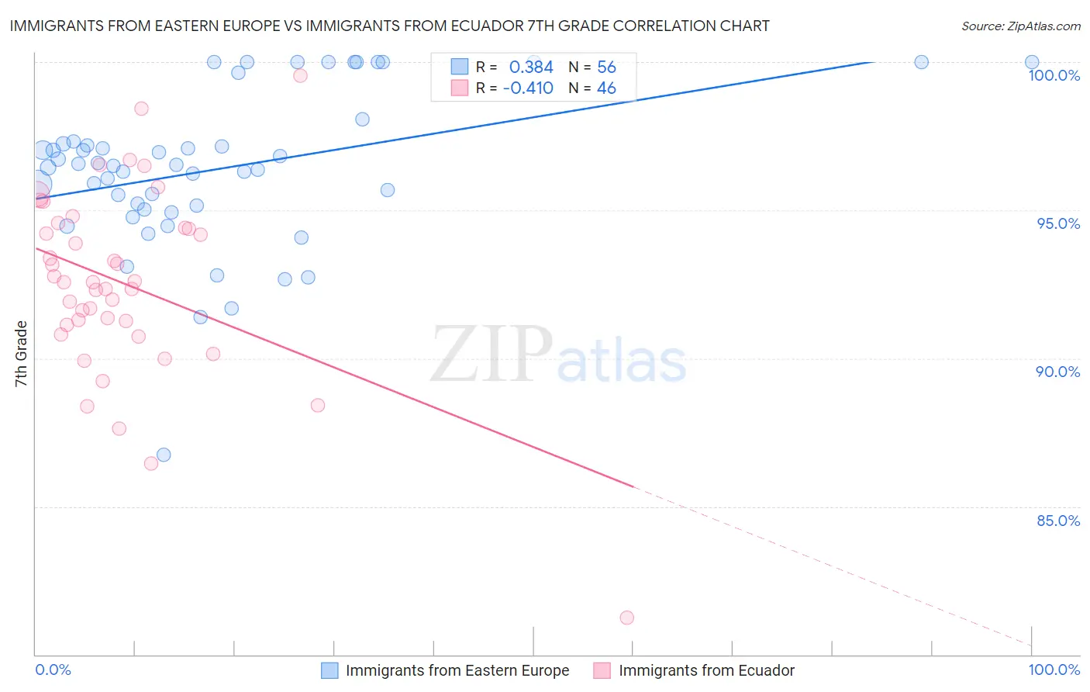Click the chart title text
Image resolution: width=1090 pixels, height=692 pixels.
(389, 26)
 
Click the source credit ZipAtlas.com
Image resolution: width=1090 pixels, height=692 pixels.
(1020, 26)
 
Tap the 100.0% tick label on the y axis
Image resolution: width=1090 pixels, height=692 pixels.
(1054, 75)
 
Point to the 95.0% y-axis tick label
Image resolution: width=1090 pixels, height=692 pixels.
(1058, 223)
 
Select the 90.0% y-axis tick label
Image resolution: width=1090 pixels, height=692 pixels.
(1058, 372)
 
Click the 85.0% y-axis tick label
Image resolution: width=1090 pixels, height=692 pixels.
(1058, 521)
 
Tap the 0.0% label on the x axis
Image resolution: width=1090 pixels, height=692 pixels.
(53, 670)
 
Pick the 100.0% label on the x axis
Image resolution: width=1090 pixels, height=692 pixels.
(1054, 670)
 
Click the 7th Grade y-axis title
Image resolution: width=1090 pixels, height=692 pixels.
(21, 354)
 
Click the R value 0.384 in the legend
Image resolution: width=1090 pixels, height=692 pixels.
(531, 67)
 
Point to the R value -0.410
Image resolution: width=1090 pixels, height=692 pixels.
(528, 88)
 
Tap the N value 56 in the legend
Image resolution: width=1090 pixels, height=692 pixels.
(606, 67)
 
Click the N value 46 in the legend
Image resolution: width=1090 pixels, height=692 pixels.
(606, 88)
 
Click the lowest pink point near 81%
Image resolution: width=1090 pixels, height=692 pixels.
(626, 618)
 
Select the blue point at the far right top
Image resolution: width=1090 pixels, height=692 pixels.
(1032, 62)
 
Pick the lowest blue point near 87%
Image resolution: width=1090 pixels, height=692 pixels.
(164, 455)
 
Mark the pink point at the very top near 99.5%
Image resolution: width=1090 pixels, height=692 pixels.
(300, 75)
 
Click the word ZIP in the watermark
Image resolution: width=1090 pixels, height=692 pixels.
(492, 355)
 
